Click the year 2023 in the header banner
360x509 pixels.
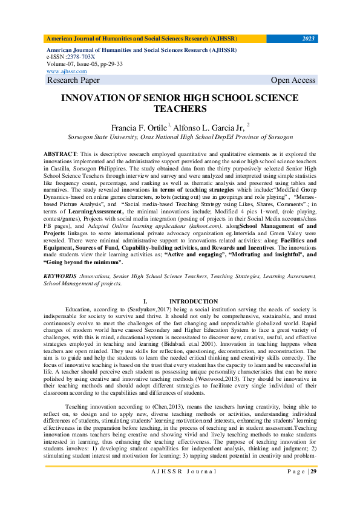pyautogui.click(x=309, y=39)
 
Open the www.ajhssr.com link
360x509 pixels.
pyautogui.click(x=66, y=71)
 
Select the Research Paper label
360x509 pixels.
pyautogui.click(x=74, y=80)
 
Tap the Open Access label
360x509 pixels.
pyautogui.click(x=293, y=80)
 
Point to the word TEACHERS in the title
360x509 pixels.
pyautogui.click(x=180, y=109)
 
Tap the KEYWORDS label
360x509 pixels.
pyautogui.click(x=62, y=276)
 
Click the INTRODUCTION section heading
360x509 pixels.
pyautogui.click(x=194, y=301)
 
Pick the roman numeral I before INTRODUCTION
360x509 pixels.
pyautogui.click(x=145, y=301)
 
